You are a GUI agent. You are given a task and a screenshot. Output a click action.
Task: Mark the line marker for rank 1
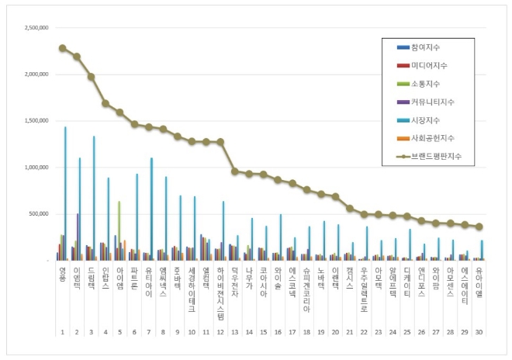tap(62, 48)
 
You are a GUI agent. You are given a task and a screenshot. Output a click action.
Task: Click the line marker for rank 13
tap(234, 171)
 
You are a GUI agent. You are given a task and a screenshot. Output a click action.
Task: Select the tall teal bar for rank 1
tap(65, 194)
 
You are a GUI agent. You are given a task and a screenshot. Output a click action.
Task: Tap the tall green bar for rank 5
tap(119, 230)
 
